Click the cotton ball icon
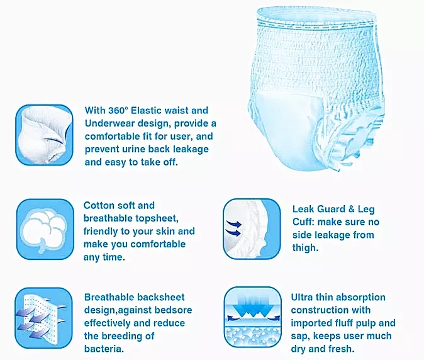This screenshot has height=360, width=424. pyautogui.click(x=45, y=229)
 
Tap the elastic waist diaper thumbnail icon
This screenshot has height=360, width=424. pyautogui.click(x=44, y=135)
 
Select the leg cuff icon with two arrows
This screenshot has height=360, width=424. pyautogui.click(x=252, y=229)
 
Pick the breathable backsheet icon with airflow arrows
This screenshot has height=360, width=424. pyautogui.click(x=44, y=318)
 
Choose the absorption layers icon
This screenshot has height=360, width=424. pyautogui.click(x=252, y=317)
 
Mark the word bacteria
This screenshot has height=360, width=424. pyautogui.click(x=104, y=349)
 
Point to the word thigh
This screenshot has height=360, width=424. pyautogui.click(x=305, y=248)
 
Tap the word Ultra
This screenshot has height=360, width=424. pyautogui.click(x=302, y=297)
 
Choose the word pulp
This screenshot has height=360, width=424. pyautogui.click(x=367, y=323)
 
